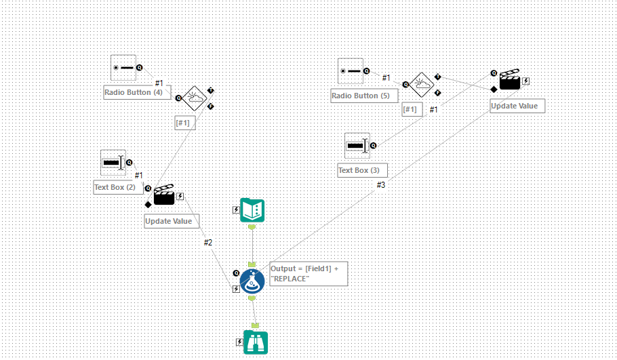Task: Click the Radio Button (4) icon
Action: (123, 68)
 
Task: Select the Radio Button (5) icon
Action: (351, 71)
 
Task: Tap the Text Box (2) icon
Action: (113, 163)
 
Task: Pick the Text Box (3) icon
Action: (357, 145)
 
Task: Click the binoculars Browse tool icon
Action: (256, 342)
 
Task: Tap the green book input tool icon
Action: (252, 210)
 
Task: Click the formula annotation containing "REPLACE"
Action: (308, 273)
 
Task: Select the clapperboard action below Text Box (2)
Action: (164, 196)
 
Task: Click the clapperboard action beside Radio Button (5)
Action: (510, 81)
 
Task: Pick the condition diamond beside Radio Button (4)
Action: (195, 98)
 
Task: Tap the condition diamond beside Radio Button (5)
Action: (422, 85)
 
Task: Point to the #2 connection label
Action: (208, 243)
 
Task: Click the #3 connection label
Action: (381, 185)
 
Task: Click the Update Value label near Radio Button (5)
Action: (517, 106)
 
